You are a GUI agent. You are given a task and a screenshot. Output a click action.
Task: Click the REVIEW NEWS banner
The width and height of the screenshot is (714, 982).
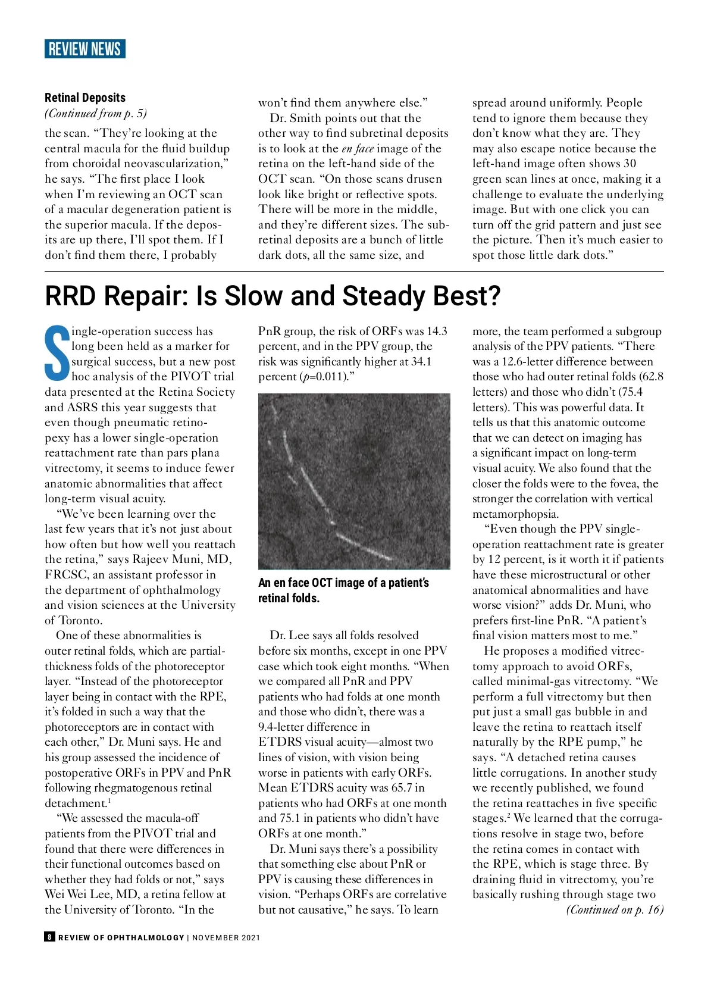click(x=84, y=49)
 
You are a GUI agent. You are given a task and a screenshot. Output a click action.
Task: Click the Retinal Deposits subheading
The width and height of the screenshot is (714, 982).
click(x=85, y=98)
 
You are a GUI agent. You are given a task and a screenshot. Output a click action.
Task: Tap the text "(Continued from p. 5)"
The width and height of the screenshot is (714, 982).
click(x=96, y=113)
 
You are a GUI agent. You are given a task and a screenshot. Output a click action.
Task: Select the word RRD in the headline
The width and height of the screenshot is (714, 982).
click(x=75, y=296)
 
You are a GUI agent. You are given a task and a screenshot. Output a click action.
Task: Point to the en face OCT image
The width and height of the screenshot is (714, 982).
click(x=354, y=481)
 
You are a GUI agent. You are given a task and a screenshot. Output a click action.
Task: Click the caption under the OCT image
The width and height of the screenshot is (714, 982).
click(x=343, y=590)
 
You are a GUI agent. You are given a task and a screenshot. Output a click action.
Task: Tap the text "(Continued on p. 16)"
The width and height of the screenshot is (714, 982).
click(x=615, y=909)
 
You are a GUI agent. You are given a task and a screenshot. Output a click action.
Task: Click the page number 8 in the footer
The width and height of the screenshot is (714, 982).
click(x=49, y=937)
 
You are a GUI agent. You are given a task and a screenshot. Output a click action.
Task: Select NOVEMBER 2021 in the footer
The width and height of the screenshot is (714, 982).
click(x=226, y=937)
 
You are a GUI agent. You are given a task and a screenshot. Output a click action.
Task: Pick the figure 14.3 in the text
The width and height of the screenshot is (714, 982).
click(x=437, y=331)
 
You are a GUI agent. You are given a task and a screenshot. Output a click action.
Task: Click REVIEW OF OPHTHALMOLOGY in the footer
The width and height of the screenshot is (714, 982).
click(x=121, y=937)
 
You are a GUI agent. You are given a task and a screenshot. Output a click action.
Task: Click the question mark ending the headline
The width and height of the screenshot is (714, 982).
click(x=493, y=296)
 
